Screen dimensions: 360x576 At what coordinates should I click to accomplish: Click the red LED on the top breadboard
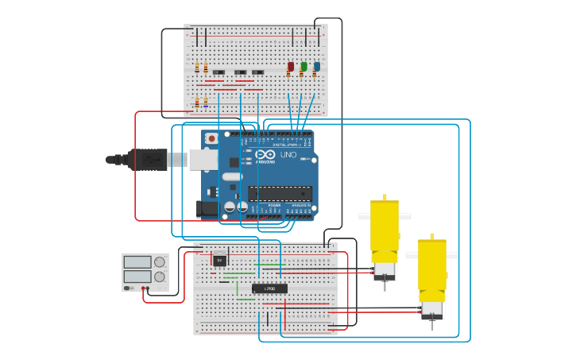(291, 67)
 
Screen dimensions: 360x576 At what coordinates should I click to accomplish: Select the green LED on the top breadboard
(303, 67)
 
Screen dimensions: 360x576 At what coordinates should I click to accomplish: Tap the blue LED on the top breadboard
(316, 67)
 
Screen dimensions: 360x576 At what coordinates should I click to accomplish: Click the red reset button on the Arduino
(211, 138)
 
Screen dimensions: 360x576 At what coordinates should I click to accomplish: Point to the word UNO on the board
(288, 154)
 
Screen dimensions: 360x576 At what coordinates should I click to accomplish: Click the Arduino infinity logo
(265, 154)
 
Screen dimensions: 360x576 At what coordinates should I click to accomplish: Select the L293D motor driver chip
(269, 288)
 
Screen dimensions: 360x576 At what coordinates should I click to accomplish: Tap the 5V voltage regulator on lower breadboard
(219, 259)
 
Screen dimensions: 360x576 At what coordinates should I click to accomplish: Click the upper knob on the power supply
(160, 261)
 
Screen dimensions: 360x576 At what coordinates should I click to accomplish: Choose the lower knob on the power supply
(160, 277)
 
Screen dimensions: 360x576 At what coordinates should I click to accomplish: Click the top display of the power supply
(137, 261)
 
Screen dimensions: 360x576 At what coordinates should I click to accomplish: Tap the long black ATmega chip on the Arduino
(280, 193)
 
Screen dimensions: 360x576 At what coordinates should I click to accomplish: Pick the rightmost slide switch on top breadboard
(257, 73)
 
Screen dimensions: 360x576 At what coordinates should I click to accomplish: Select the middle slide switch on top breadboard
(239, 73)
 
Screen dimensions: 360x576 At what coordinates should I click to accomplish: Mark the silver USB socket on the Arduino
(203, 160)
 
